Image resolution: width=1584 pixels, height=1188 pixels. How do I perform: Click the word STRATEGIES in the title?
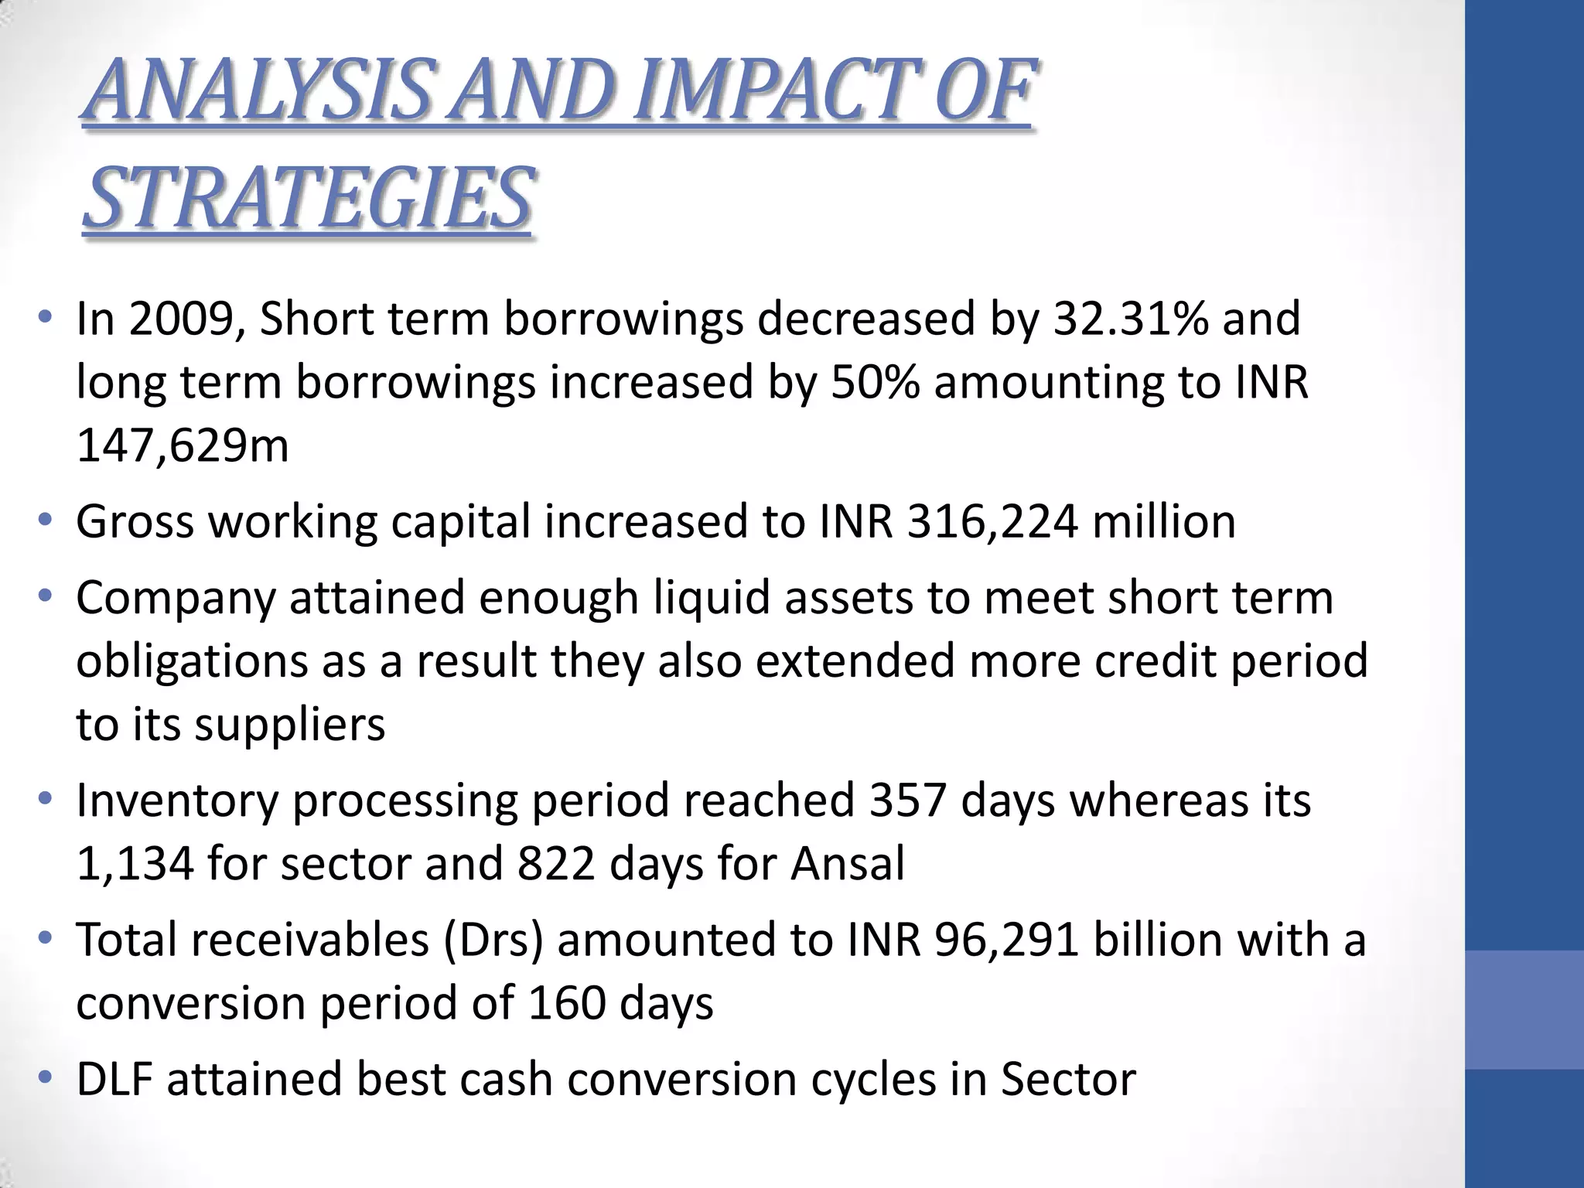click(x=307, y=199)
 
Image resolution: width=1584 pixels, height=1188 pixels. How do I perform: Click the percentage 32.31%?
click(x=1130, y=319)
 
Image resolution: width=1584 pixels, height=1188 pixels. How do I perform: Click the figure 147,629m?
click(x=183, y=445)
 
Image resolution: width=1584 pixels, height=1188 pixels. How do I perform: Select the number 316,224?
click(x=992, y=521)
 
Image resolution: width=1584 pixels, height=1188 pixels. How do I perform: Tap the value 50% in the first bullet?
click(x=875, y=382)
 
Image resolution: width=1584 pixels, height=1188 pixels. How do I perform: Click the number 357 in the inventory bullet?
click(x=907, y=800)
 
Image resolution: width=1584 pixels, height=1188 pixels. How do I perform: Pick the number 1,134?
click(x=135, y=863)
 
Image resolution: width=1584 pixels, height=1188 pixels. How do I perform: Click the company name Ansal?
click(x=847, y=863)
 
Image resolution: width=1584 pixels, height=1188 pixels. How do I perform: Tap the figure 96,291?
click(x=1006, y=939)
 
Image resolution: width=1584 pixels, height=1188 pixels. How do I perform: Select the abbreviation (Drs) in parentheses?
click(x=493, y=940)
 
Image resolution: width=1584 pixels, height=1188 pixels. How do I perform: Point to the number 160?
click(x=567, y=1002)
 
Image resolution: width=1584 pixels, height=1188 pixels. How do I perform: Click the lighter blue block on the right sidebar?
click(x=1524, y=1009)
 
